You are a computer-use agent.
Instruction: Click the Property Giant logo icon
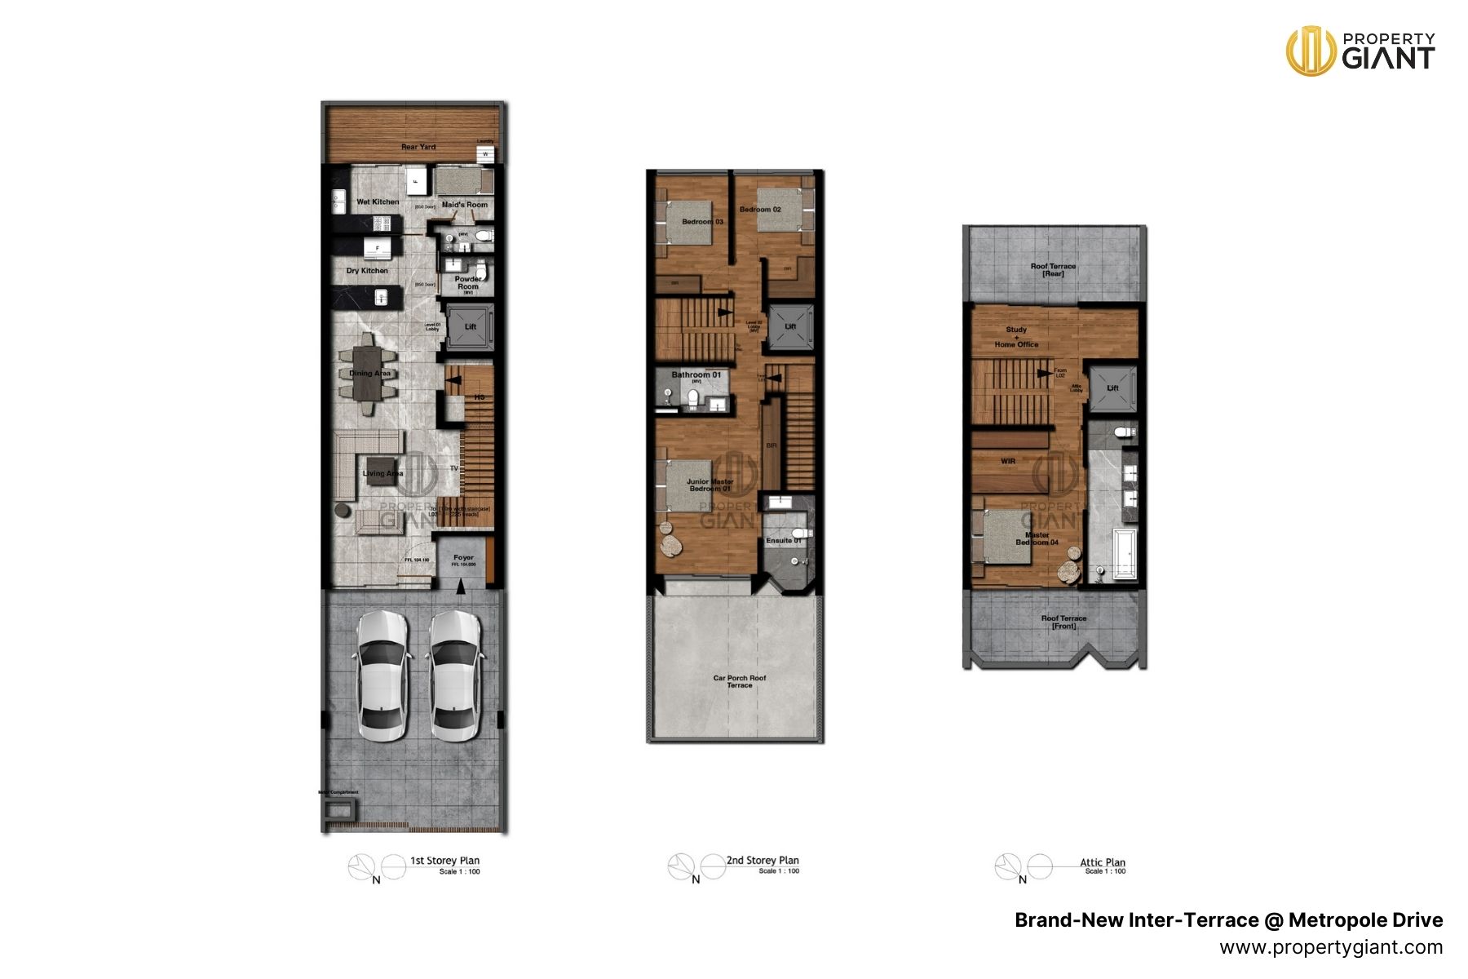point(1310,51)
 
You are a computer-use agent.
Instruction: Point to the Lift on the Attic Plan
point(1112,388)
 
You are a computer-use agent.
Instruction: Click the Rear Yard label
point(418,147)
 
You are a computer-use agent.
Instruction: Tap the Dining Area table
point(369,374)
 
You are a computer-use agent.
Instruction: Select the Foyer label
point(463,558)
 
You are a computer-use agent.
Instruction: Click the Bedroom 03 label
point(702,222)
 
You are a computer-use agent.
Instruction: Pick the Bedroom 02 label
point(760,210)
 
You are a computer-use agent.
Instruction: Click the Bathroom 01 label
point(696,375)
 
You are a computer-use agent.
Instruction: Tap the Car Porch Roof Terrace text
point(740,681)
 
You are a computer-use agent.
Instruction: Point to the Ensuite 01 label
point(784,540)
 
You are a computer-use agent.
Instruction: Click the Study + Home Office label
point(1016,337)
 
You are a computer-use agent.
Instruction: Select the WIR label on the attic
point(1008,462)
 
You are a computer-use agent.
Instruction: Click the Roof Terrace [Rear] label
point(1053,270)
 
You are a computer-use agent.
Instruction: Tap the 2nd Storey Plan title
point(763,860)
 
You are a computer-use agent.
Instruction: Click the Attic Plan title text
point(1102,862)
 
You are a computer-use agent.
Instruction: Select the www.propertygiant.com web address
point(1331,947)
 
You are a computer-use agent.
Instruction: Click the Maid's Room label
point(465,205)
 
